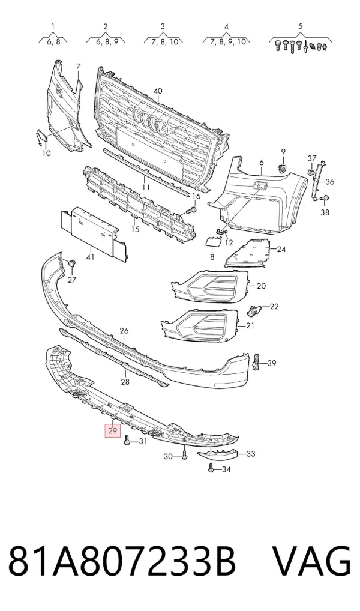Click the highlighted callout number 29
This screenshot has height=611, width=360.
[113, 431]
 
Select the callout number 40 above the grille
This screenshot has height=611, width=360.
[157, 91]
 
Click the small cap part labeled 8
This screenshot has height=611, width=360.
[213, 242]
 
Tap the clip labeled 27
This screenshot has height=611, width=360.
[71, 263]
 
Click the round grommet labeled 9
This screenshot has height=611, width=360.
[283, 169]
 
